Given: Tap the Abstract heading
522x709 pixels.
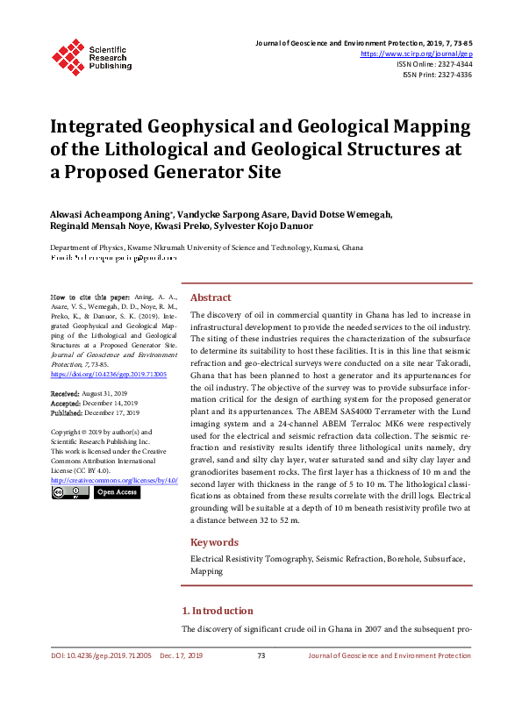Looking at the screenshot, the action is (x=211, y=297).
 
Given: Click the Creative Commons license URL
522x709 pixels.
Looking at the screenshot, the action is (x=115, y=481).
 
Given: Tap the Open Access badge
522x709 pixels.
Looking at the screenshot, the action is (x=117, y=493).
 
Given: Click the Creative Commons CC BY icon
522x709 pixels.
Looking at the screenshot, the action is (x=69, y=493).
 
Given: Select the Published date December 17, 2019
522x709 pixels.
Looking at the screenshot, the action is (x=111, y=412).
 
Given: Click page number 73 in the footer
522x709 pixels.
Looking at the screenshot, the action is (x=261, y=655).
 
